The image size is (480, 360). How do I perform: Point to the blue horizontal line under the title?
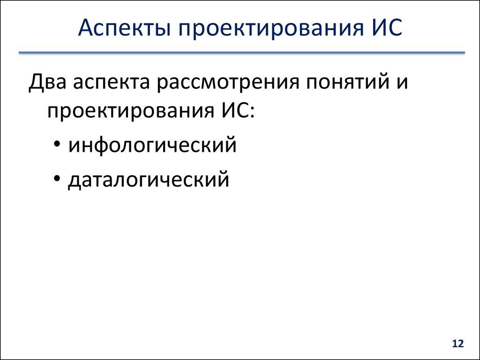coord(241,53)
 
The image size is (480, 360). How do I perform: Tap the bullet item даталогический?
coord(149,180)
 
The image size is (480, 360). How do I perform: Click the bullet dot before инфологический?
coord(57,145)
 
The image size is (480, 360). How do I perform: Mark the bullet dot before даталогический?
coord(57,179)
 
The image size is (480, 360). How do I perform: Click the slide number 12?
coord(457,344)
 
